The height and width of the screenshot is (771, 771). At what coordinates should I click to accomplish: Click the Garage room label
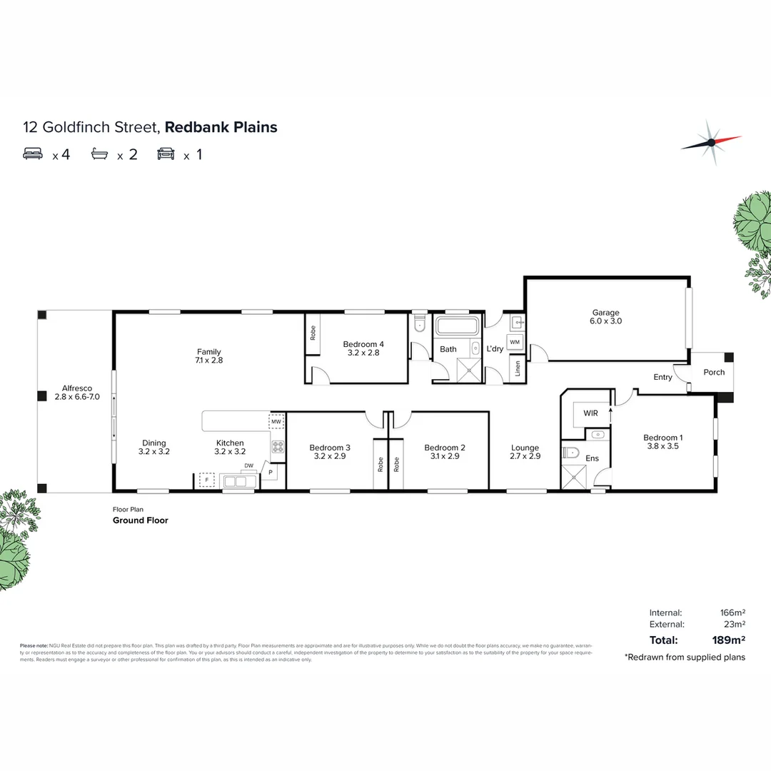click(605, 312)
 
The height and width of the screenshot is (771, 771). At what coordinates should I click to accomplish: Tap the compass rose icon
click(710, 142)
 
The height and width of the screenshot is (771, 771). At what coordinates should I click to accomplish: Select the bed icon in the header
click(34, 153)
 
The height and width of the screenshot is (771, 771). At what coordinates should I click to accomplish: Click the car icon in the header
click(166, 153)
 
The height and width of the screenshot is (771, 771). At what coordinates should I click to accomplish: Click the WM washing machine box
click(515, 343)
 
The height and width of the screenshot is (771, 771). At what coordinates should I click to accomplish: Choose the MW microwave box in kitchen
click(276, 422)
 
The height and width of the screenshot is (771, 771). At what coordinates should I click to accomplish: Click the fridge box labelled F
click(207, 480)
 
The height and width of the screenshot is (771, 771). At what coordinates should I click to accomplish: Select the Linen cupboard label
click(517, 370)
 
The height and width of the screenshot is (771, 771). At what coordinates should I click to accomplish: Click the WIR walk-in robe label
click(590, 413)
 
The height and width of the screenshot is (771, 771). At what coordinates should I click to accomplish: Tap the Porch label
click(714, 372)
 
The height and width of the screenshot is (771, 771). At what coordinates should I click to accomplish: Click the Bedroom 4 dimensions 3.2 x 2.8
click(363, 353)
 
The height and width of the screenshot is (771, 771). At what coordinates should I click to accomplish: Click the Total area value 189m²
click(729, 640)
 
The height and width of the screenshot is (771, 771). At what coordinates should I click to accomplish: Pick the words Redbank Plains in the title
click(221, 128)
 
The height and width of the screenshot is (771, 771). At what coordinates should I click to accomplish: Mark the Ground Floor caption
click(141, 520)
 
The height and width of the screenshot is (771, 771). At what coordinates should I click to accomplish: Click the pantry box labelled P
click(271, 472)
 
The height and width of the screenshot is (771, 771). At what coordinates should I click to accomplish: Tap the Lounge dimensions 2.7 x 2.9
click(525, 456)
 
